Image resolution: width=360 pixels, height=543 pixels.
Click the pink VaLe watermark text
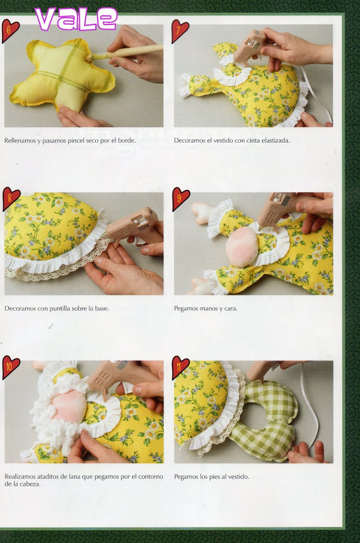pyautogui.click(x=76, y=18)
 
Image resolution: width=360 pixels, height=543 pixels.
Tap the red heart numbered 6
pyautogui.click(x=9, y=31)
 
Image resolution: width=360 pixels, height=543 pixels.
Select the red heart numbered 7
pyautogui.click(x=180, y=31)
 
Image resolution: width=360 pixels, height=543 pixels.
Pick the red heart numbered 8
pyautogui.click(x=10, y=198)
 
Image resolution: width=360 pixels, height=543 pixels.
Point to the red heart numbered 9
pyautogui.click(x=180, y=198)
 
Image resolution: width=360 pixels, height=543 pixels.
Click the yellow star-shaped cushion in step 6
pyautogui.click(x=62, y=76)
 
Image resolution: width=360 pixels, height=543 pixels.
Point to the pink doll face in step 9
pyautogui.click(x=242, y=246)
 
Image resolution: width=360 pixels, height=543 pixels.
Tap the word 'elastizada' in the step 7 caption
pyautogui.click(x=276, y=140)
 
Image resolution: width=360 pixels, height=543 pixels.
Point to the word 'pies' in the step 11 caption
pyautogui.click(x=205, y=477)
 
